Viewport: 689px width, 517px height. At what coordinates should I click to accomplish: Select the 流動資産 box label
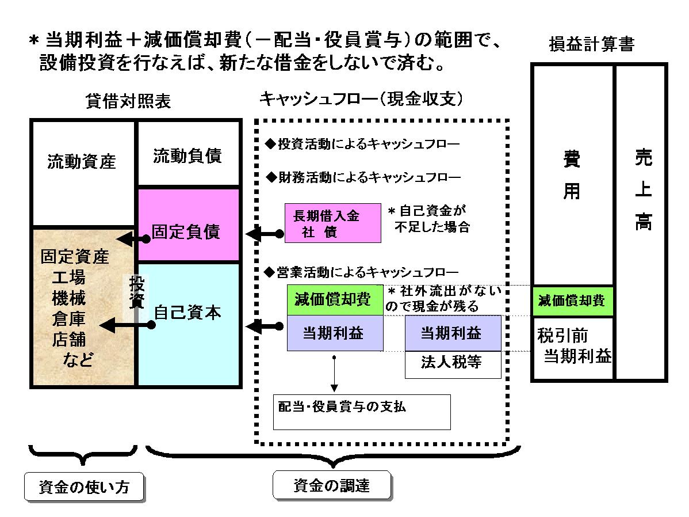pyautogui.click(x=82, y=162)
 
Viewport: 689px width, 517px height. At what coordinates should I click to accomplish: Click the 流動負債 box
pyautogui.click(x=187, y=156)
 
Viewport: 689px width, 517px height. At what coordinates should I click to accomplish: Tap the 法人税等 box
pyautogui.click(x=452, y=364)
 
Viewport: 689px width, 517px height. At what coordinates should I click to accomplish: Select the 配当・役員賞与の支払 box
pyautogui.click(x=361, y=411)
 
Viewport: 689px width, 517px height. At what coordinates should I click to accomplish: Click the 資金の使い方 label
pyautogui.click(x=83, y=486)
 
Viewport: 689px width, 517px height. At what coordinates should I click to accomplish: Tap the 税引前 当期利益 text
pyautogui.click(x=572, y=345)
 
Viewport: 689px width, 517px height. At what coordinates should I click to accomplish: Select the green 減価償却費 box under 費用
pyautogui.click(x=572, y=300)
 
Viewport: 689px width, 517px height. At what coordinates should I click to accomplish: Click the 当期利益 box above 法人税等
pyautogui.click(x=452, y=333)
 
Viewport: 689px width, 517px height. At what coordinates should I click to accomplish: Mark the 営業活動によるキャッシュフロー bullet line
pyautogui.click(x=361, y=271)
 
